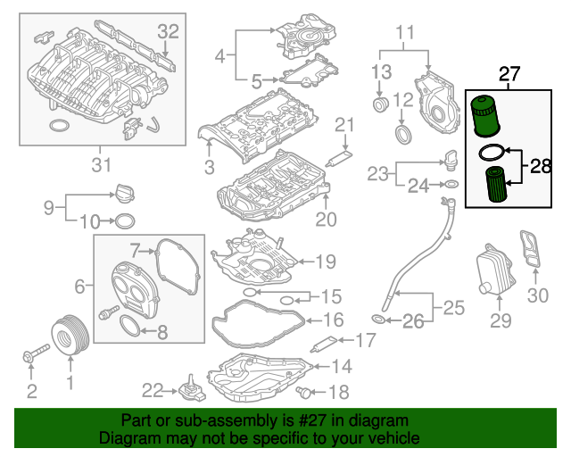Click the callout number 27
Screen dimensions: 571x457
tap(509, 74)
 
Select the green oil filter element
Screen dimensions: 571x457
tap(497, 185)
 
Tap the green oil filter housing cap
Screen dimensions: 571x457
tap(485, 116)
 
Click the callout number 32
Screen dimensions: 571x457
tap(169, 32)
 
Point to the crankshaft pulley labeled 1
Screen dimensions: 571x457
tap(70, 335)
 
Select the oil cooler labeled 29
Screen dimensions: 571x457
tap(496, 269)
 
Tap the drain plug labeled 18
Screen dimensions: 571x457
tap(303, 392)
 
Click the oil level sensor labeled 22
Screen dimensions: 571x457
tap(191, 389)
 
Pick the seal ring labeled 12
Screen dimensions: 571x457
tap(404, 134)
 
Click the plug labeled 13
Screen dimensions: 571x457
tap(381, 104)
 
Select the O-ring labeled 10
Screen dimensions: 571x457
tap(125, 221)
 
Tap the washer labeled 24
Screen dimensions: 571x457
tap(451, 185)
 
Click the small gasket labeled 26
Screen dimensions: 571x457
tap(378, 320)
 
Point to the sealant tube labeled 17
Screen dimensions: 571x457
tap(325, 344)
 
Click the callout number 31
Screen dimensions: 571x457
tap(101, 165)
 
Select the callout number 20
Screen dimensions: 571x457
tap(326, 220)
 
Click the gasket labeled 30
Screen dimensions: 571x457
tap(530, 248)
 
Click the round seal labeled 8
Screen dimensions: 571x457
tap(129, 326)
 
